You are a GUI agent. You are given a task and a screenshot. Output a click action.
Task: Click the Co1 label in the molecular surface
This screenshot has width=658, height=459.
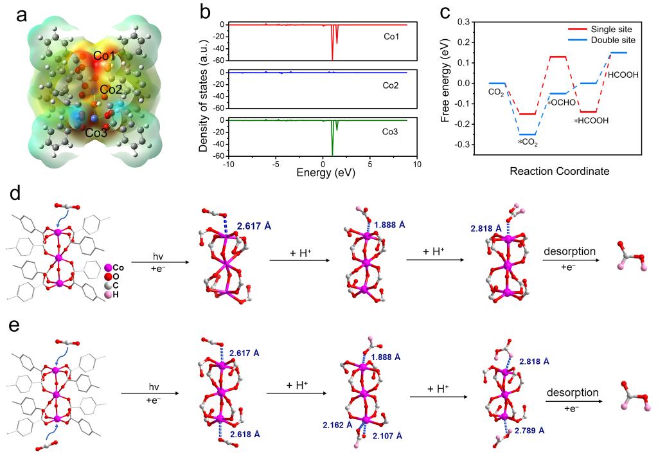pos(104,56)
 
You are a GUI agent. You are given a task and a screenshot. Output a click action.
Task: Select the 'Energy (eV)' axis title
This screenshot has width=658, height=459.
pos(321,173)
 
